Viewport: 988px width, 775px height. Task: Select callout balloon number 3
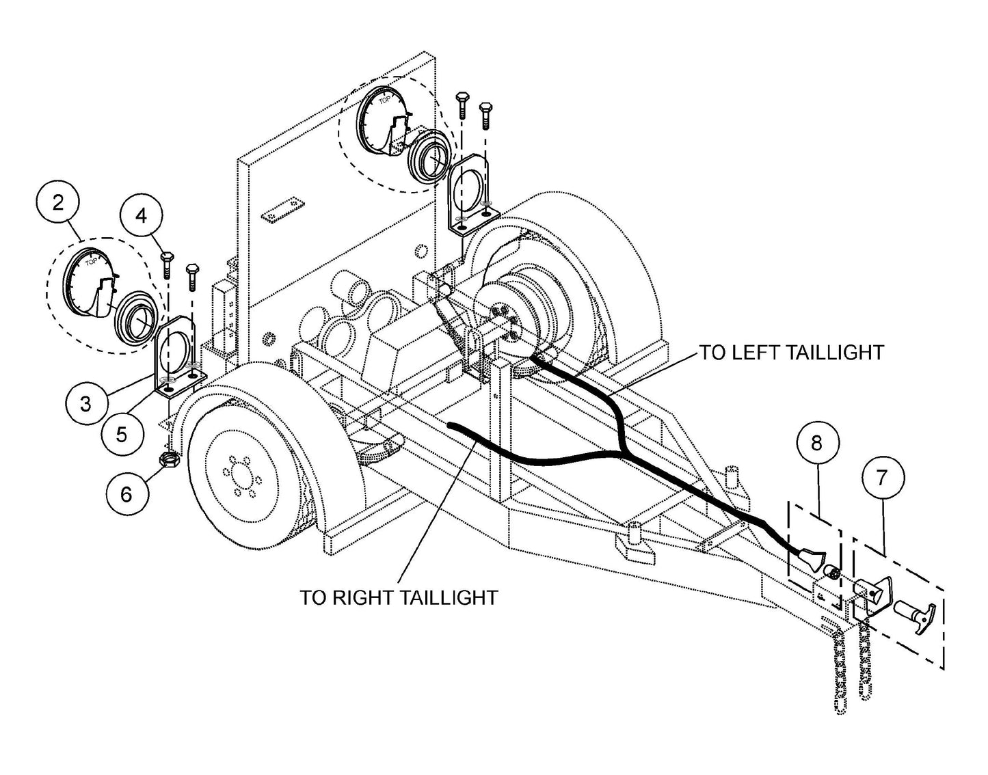[85, 403]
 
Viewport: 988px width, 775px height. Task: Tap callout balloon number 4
[141, 216]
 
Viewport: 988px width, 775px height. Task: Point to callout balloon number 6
[126, 493]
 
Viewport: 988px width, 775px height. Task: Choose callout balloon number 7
[881, 478]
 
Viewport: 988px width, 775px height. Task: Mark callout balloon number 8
[816, 443]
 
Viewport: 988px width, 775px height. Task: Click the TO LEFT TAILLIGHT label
[790, 353]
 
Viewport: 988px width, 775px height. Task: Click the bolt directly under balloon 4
[166, 264]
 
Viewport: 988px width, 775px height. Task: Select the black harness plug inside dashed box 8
[812, 560]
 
